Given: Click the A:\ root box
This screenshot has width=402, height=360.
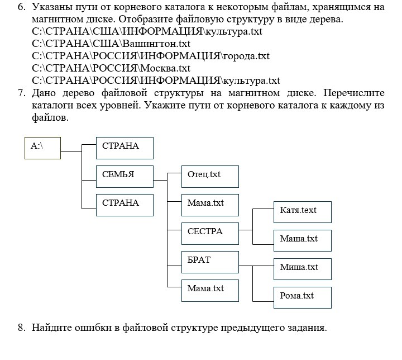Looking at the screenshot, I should click(42, 148).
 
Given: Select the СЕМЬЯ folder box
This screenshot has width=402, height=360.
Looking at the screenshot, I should click(125, 176).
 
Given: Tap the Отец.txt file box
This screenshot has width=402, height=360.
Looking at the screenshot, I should click(210, 176).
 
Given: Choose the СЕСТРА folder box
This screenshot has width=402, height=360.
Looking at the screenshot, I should click(210, 233).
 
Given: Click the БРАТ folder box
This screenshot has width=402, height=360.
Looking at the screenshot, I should click(210, 262).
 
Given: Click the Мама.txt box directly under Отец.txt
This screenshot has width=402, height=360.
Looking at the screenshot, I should click(210, 204).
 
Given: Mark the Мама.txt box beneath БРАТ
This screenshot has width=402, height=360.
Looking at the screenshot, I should click(210, 290).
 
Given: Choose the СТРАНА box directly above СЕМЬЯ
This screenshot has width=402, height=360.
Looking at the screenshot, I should click(125, 148).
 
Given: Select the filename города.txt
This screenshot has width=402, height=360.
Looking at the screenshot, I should click(246, 56).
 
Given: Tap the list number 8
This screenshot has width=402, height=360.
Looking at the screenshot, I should click(21, 328).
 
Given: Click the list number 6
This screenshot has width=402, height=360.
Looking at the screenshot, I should click(21, 7).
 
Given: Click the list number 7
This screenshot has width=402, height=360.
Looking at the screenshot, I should click(21, 93).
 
